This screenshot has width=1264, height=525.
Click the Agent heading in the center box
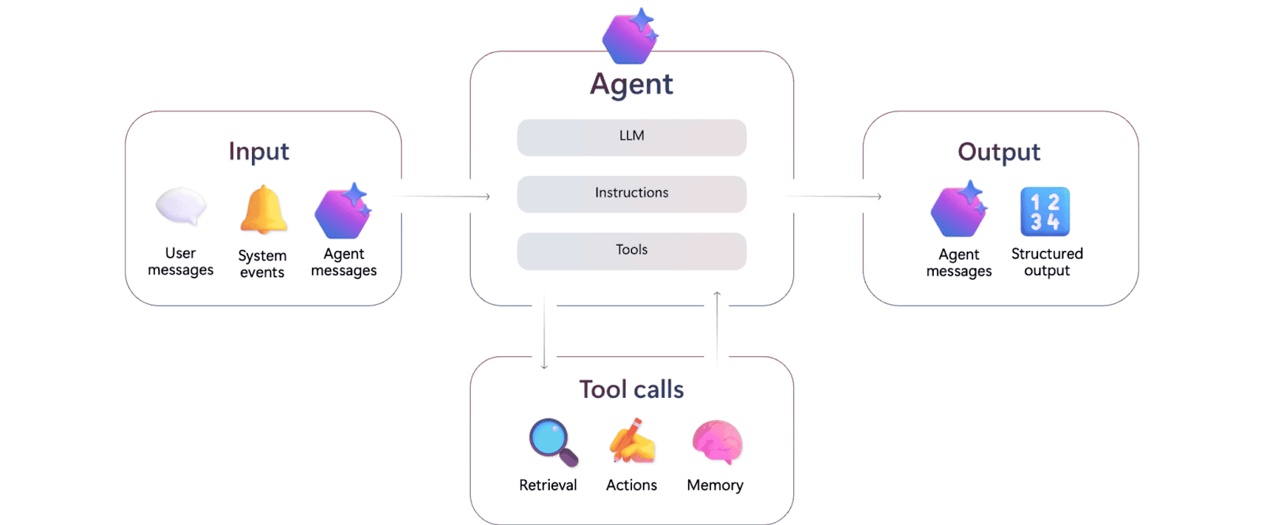(x=631, y=84)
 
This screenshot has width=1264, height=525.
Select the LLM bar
(x=631, y=137)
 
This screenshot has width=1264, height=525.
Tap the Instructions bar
(x=631, y=193)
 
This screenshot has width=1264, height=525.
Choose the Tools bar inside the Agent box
(x=631, y=250)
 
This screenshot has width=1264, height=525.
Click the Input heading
(x=258, y=152)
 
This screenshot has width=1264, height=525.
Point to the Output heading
(x=999, y=152)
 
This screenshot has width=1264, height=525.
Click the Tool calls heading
(x=631, y=389)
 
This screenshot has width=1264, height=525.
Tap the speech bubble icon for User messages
(x=181, y=207)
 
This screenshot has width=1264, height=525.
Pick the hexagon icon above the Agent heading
(x=630, y=36)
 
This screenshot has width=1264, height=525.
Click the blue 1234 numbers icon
(x=1044, y=212)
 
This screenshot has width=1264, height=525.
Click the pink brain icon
(x=717, y=441)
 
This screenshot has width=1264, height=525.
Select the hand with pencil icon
(x=632, y=441)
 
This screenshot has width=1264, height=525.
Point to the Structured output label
(x=1047, y=262)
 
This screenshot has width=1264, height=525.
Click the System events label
(x=262, y=264)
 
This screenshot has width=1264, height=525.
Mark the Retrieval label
(x=547, y=485)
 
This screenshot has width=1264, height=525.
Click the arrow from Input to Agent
(x=445, y=196)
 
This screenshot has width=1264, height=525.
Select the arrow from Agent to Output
(x=835, y=196)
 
